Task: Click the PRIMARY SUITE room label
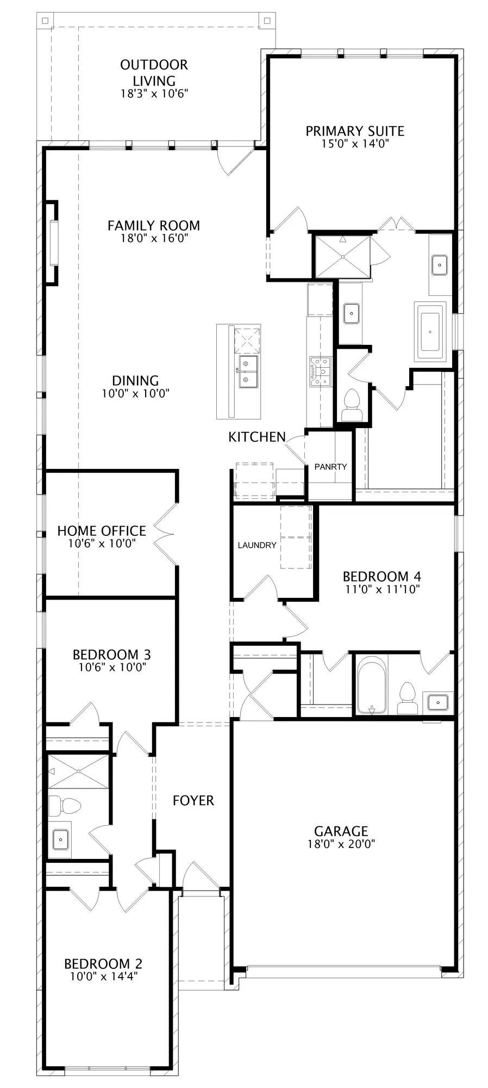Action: pos(354,131)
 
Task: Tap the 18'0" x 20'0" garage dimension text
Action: pos(341,844)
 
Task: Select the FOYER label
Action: pos(193,800)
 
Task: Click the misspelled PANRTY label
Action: pos(330,466)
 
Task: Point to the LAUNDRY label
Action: pos(257,545)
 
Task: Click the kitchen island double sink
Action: pos(248,371)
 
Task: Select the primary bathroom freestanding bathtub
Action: pos(430,331)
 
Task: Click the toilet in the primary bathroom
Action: pos(351,406)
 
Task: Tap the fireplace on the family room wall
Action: pos(51,243)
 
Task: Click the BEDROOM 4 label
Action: pos(382,576)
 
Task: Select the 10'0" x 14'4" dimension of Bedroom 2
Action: pos(104,976)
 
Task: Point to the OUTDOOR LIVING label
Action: pos(154,72)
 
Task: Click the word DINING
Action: pos(135,381)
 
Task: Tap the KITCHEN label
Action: pos(257,437)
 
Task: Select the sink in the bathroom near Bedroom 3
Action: pos(61,839)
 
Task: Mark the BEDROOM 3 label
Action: pos(112,654)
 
